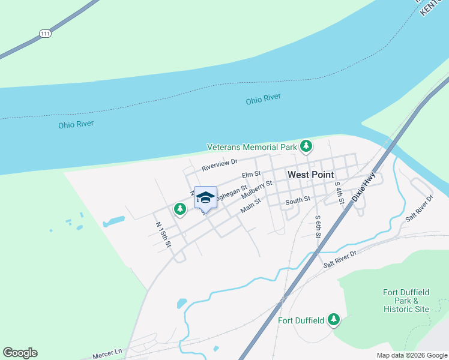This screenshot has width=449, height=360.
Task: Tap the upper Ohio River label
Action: point(263,100)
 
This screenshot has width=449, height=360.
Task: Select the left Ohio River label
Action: point(76,125)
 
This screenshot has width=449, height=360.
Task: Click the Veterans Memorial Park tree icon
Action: point(306,146)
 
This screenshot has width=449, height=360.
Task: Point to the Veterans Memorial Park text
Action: point(252,147)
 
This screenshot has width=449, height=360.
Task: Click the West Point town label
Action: point(310,175)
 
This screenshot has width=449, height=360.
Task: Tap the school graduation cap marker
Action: point(205,197)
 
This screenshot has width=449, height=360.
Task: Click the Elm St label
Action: point(251,175)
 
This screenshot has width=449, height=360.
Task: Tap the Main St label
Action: point(250,206)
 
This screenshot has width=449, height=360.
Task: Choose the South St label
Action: point(297,199)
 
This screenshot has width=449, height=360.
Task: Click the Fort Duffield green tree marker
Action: point(333,320)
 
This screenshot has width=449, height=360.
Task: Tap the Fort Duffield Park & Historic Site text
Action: point(406,301)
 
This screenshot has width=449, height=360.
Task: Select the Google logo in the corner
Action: point(20,353)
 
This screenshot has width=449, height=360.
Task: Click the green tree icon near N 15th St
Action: point(179,209)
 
